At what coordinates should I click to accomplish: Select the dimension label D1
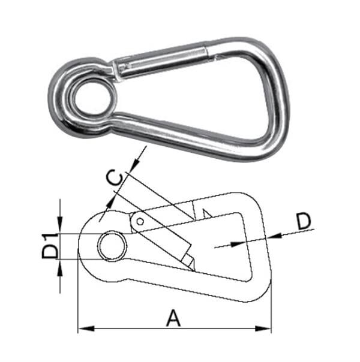pos(50,246)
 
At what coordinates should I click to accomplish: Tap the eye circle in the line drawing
pos(112,246)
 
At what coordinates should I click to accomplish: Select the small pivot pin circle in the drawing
pos(139,222)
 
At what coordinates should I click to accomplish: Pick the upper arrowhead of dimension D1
pos(60,228)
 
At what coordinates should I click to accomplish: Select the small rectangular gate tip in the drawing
pos(188,261)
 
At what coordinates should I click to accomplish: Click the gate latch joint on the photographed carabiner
pos(207,50)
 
